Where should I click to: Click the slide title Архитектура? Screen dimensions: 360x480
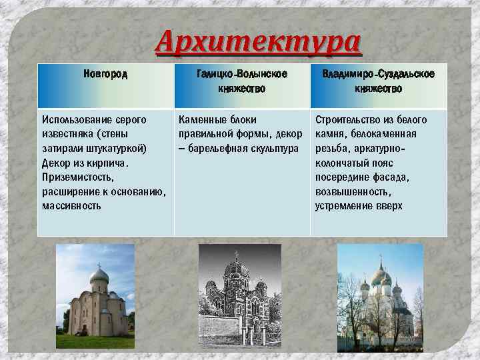(259, 44)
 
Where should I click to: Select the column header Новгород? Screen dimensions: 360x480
(105, 73)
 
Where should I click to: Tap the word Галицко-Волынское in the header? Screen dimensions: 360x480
(242, 73)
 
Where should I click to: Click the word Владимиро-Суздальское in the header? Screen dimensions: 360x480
(379, 73)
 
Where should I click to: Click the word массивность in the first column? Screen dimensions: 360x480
(71, 206)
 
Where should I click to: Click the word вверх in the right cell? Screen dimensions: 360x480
(389, 206)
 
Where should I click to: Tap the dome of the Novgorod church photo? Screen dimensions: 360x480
(99, 275)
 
